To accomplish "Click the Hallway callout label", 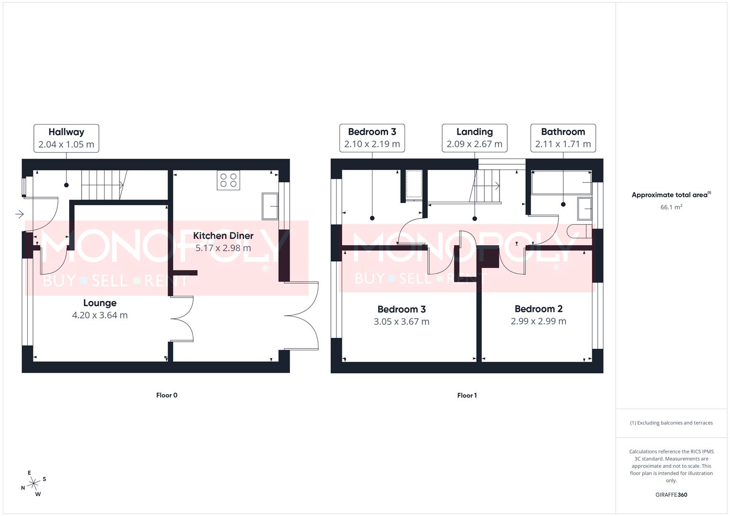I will (x=66, y=138).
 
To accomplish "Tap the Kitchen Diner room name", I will (x=223, y=236).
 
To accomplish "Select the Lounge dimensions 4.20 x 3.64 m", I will (x=100, y=315).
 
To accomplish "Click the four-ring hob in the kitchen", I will (x=228, y=180).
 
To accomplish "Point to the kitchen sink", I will (x=270, y=206).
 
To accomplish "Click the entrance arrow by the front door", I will (x=19, y=214).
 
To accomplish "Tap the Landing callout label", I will (x=474, y=138).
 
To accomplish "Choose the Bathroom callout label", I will (x=563, y=138).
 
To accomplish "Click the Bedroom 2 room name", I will (x=538, y=309).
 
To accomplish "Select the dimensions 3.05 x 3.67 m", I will (x=402, y=322).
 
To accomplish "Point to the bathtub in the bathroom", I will (x=561, y=183).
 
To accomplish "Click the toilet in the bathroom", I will (x=577, y=232).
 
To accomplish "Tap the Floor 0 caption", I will (x=167, y=395).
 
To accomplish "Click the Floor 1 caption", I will (x=467, y=395).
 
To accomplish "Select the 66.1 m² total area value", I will (x=671, y=207).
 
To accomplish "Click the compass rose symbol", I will (x=33, y=484).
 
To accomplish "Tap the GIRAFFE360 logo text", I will (x=671, y=495).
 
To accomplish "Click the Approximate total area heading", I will (x=671, y=195).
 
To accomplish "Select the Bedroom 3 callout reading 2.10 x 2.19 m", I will (x=372, y=138).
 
